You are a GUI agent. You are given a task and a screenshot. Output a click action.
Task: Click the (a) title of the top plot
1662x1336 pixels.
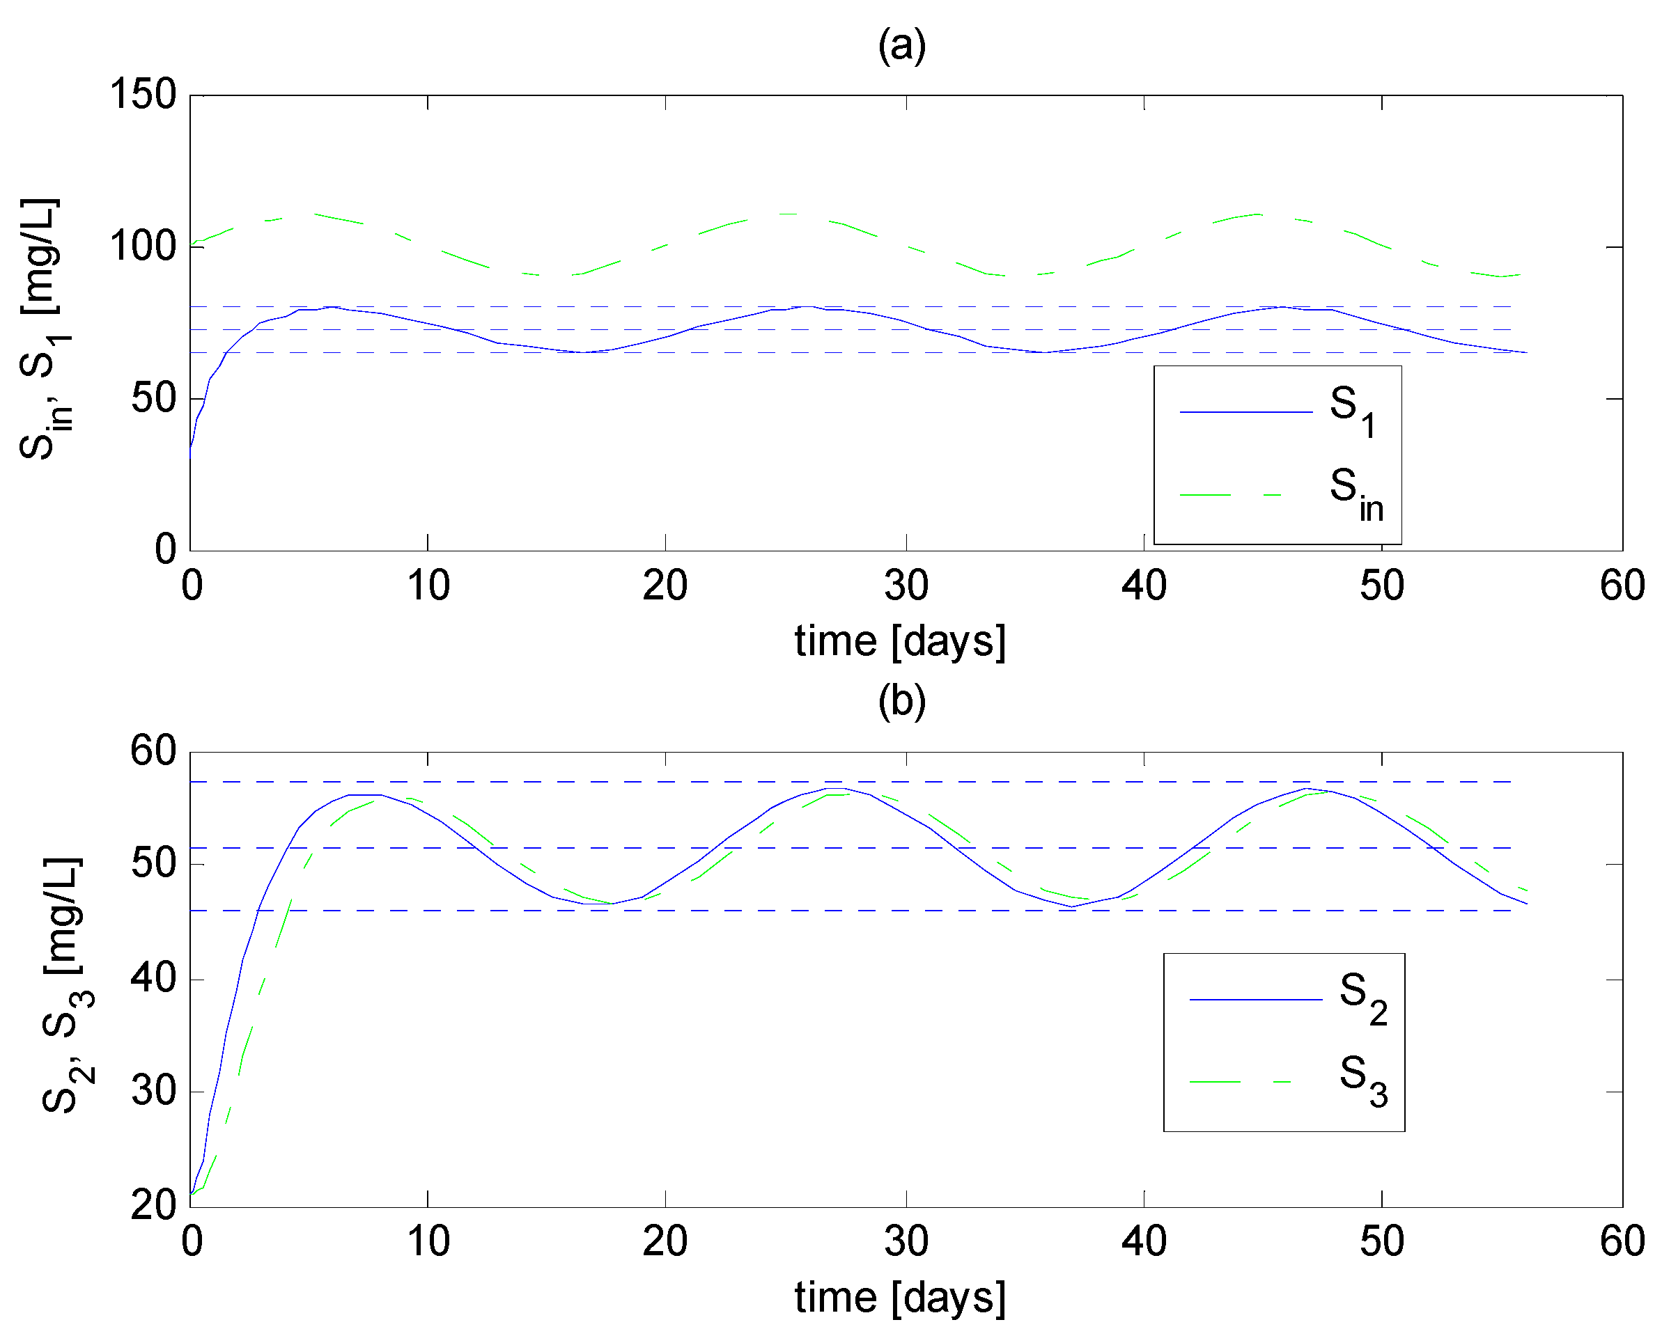901,45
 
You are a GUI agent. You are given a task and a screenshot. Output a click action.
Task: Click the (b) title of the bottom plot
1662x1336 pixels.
901,701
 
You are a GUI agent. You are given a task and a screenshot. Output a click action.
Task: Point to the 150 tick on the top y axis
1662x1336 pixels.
143,95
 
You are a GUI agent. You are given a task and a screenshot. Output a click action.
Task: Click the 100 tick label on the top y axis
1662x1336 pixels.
143,246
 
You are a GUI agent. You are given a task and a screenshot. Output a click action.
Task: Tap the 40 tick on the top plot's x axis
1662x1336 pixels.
1144,586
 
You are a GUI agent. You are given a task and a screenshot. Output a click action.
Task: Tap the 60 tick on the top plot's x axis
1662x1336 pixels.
1622,586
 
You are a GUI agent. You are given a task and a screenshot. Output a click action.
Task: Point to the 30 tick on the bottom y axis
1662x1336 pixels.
153,1091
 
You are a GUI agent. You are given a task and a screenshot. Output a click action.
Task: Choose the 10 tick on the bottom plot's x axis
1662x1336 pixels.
428,1241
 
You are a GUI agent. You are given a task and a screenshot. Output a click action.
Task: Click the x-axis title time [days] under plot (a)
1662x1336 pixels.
901,641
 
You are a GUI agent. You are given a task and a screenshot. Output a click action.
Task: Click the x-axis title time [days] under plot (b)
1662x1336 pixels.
901,1297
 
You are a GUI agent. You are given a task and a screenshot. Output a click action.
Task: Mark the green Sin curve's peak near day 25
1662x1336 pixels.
786,214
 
